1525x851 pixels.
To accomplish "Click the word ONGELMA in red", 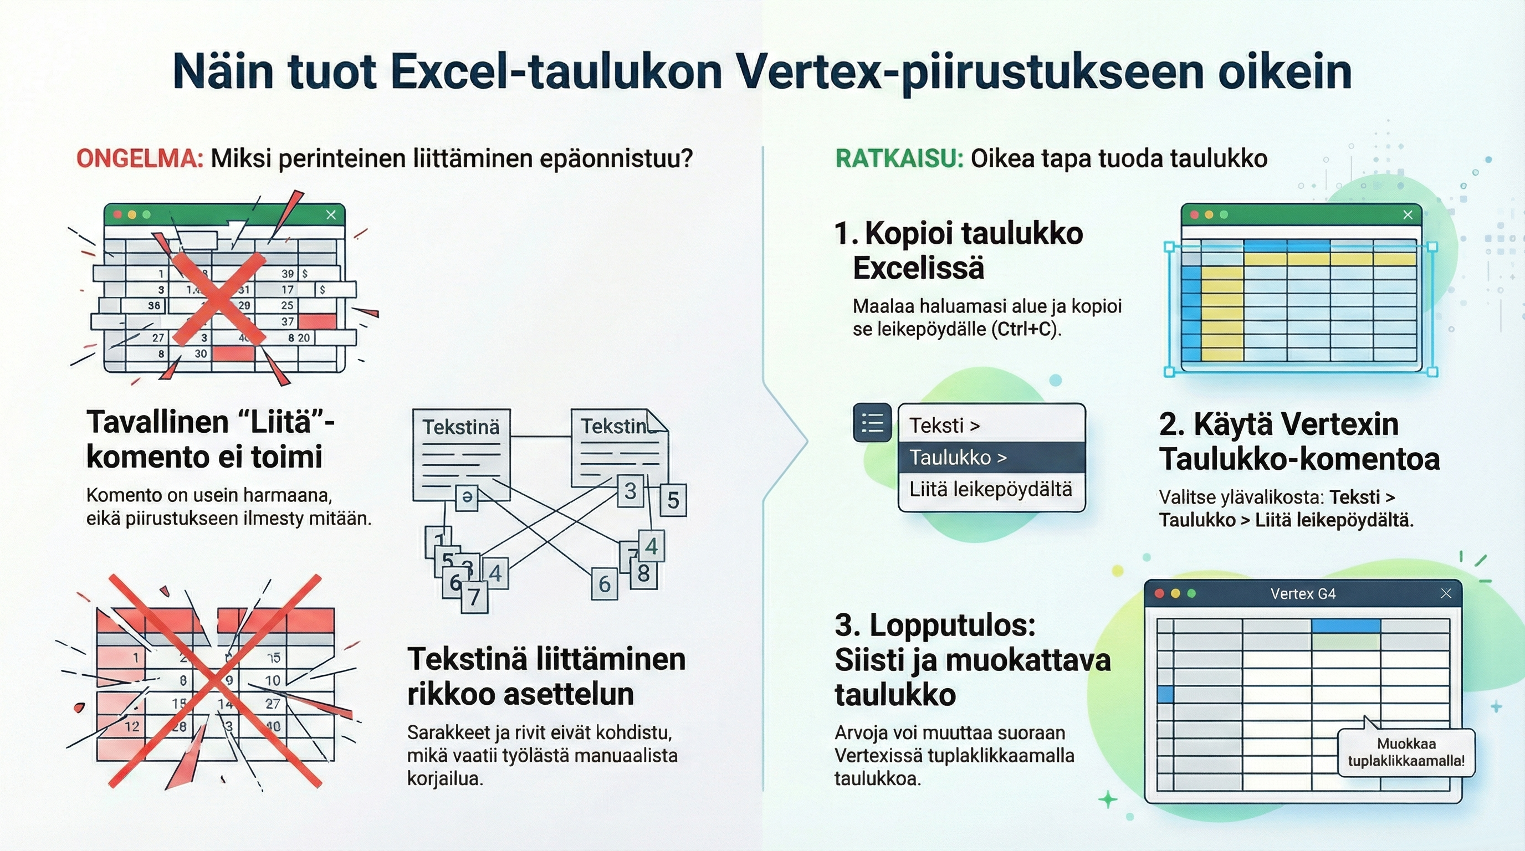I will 140,158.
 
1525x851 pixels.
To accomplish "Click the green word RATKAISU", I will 899,158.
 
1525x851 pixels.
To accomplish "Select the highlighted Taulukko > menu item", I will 991,458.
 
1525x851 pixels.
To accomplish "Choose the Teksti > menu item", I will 991,425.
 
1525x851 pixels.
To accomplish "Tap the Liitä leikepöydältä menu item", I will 991,489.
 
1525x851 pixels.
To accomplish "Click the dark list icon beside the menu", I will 872,423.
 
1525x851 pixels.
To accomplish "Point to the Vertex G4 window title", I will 1302,593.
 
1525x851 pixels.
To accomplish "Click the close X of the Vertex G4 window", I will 1446,593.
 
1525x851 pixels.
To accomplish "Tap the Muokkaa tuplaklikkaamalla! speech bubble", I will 1406,752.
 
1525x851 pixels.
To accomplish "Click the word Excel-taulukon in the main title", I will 556,72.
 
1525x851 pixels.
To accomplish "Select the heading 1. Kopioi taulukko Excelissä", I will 959,250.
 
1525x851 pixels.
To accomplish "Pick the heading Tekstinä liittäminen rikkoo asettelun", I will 546,676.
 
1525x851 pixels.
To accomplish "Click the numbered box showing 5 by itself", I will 673,500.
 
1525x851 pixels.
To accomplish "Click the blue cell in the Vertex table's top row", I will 1345,626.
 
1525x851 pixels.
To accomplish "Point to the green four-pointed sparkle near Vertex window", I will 1108,800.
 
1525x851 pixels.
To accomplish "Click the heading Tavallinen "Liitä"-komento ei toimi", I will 210,439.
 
